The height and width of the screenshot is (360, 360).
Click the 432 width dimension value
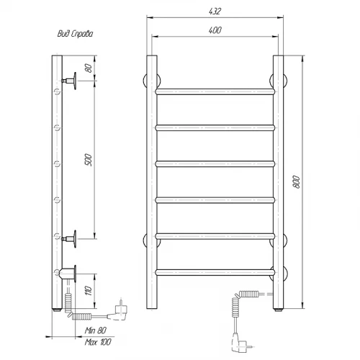(x=215, y=12)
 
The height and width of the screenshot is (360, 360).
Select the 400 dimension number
(x=215, y=30)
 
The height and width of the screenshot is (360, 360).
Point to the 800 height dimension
(x=297, y=182)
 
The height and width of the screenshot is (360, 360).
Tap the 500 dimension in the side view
(x=89, y=160)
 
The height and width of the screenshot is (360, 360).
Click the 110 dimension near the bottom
(x=89, y=291)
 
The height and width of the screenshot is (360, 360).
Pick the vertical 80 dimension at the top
(x=89, y=68)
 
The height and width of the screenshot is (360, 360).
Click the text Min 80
(x=95, y=330)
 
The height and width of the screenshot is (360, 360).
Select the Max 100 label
(x=98, y=342)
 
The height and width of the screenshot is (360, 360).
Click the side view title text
(x=75, y=34)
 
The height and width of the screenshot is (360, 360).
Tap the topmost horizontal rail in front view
(x=215, y=91)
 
